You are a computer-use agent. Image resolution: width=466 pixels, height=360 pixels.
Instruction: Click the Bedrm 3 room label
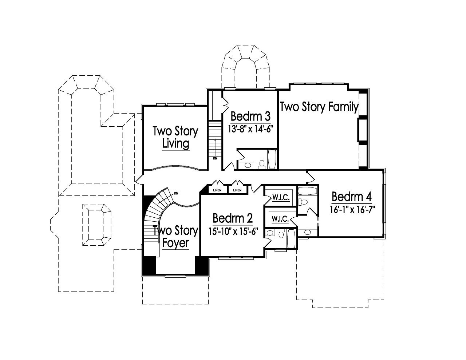click(x=250, y=116)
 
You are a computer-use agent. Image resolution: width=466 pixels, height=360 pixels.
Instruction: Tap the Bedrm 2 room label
click(x=233, y=218)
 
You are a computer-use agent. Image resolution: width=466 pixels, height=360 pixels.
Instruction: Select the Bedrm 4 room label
click(x=352, y=197)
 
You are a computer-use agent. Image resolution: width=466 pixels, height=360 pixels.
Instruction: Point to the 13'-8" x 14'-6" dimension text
click(x=250, y=128)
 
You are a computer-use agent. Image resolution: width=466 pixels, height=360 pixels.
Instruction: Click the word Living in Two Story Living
click(x=175, y=143)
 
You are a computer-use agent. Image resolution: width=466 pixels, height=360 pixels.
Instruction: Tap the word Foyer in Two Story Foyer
click(x=175, y=243)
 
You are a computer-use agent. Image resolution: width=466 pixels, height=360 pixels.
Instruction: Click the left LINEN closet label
click(x=217, y=190)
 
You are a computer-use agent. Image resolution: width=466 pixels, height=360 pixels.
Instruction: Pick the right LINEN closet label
click(x=237, y=190)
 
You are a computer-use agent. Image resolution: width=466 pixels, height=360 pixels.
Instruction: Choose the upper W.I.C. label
click(x=281, y=198)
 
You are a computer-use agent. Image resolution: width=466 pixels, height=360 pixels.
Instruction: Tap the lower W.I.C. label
click(x=280, y=219)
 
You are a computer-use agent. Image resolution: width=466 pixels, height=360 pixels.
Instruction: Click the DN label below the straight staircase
click(x=215, y=159)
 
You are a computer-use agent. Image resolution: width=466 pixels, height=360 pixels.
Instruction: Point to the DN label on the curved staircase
click(x=176, y=193)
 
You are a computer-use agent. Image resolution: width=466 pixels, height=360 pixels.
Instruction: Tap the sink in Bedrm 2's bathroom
click(x=270, y=234)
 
